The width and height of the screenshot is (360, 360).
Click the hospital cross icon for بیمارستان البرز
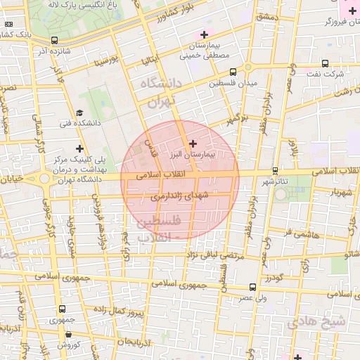point(193,143)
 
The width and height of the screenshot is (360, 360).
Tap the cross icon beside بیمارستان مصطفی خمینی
point(204,34)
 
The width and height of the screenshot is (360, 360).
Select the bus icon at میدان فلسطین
point(233,71)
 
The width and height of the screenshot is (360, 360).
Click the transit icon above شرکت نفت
point(324,63)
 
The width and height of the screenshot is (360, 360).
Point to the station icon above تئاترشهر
point(275,170)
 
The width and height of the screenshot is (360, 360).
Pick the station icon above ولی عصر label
point(252,287)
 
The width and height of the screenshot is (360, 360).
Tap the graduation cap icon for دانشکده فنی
point(79,112)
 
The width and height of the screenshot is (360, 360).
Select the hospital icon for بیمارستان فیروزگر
point(352,11)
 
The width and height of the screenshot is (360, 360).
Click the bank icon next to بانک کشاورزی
point(8,24)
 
